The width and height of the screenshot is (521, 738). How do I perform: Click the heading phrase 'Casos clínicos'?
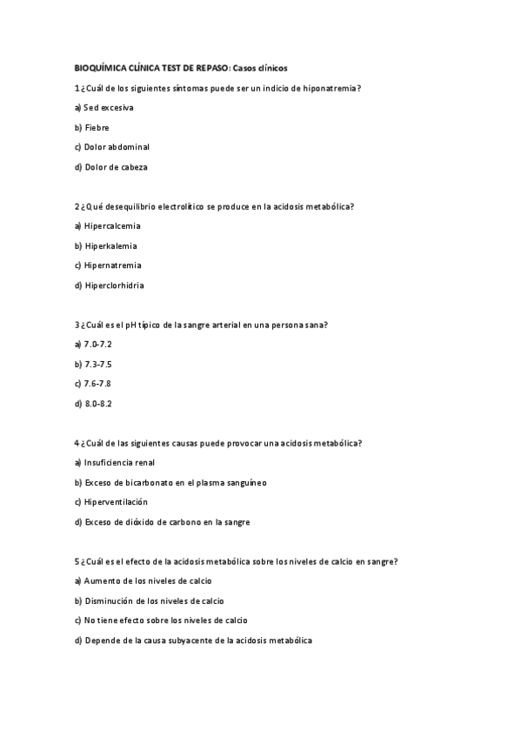coord(261,68)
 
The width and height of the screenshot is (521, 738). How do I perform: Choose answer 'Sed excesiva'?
coord(109,108)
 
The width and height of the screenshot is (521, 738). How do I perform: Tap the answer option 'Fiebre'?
coord(97,127)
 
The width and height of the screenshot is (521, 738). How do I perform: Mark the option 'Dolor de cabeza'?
coord(116,167)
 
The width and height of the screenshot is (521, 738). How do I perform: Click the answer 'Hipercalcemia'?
coord(112,226)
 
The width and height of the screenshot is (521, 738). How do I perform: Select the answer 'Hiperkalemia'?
coord(111,245)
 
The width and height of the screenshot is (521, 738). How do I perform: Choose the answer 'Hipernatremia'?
coord(113,265)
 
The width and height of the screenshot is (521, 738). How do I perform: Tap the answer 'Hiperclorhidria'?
coord(115,285)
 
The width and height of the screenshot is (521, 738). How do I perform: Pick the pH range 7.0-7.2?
coord(98,345)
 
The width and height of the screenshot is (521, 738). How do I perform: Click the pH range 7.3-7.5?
coord(98,364)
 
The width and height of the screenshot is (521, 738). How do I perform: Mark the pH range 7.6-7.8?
coord(98,384)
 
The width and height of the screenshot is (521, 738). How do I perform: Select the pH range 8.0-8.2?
coord(98,404)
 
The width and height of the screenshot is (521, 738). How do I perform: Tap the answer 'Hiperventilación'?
coord(117,502)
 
